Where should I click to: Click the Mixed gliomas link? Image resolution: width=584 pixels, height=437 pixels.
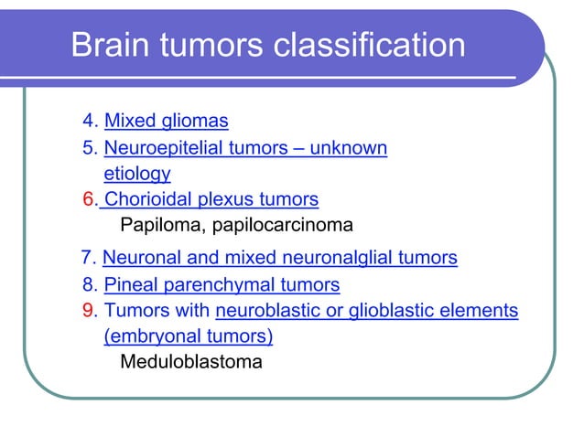point(166,121)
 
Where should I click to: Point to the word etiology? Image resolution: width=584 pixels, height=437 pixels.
point(137,173)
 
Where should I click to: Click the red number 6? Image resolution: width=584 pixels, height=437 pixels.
point(88,199)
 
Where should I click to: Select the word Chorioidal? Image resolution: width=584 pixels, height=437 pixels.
point(153,199)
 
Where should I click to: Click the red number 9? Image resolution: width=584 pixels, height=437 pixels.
point(88,312)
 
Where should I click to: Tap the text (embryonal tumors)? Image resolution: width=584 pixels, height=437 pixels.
point(189,336)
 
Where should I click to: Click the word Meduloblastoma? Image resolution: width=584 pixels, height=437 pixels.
point(190,362)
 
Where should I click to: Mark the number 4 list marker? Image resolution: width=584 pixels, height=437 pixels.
point(88,121)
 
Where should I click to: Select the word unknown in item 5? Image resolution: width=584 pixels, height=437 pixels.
point(350,148)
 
